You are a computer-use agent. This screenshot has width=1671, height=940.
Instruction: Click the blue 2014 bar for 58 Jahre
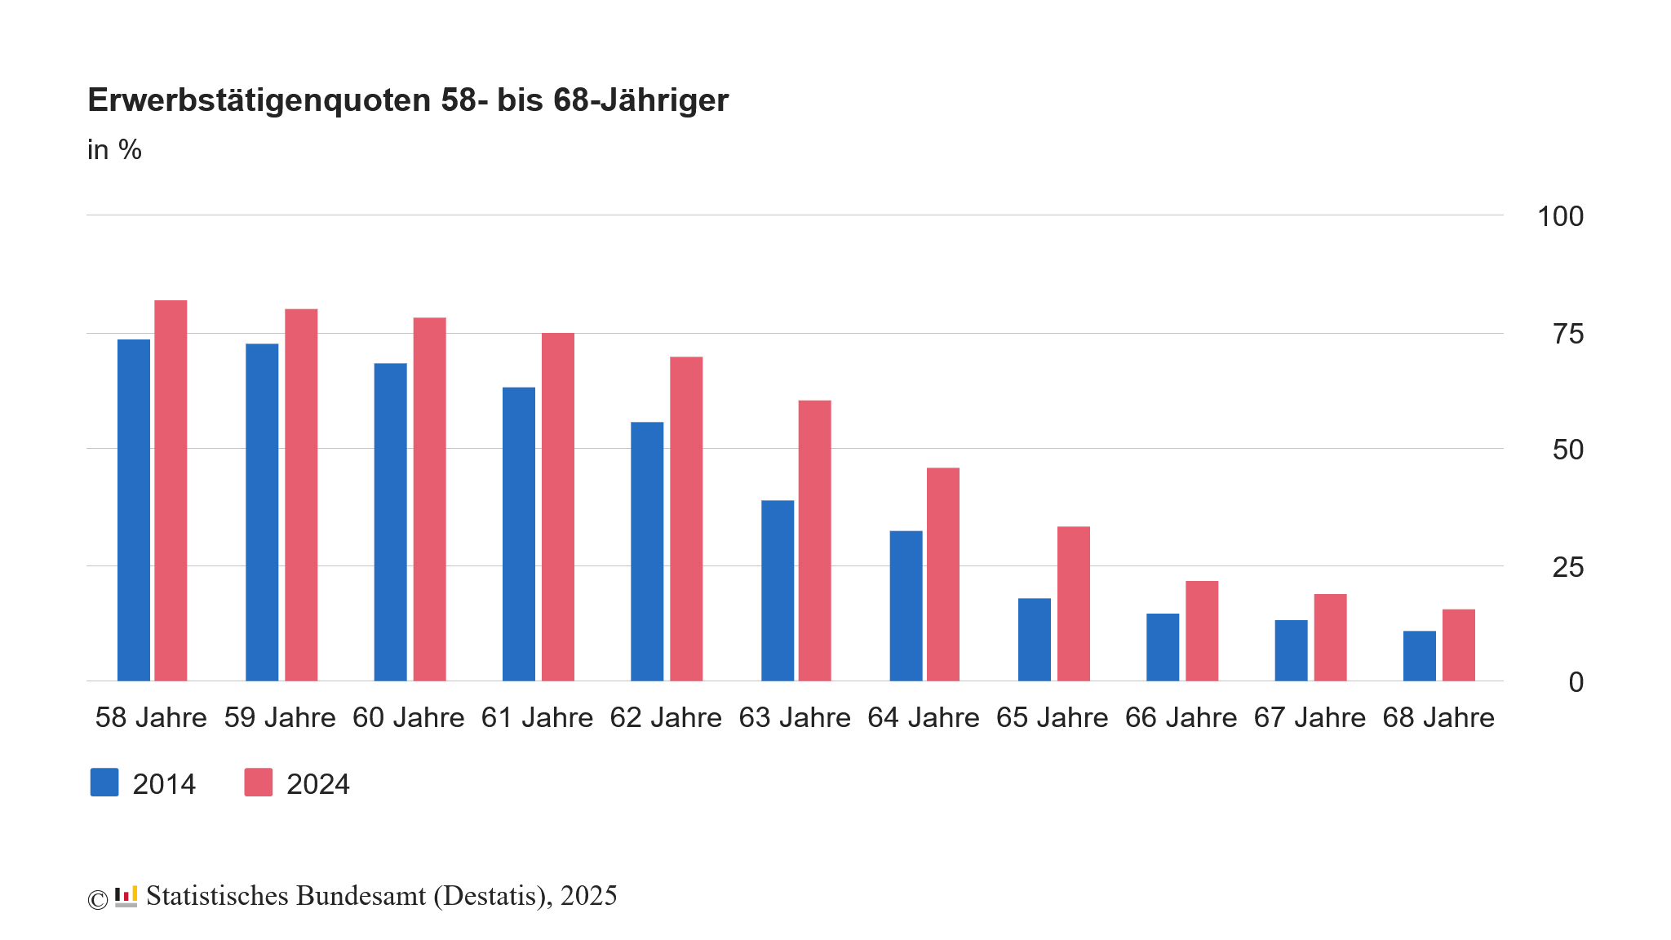[134, 510]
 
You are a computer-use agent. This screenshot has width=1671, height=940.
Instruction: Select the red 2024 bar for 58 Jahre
[171, 490]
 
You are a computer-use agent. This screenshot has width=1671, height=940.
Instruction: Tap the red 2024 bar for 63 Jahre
[814, 540]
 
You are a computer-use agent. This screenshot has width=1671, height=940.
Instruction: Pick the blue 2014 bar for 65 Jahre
[1035, 640]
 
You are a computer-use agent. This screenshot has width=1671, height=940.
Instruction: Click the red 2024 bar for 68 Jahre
[1458, 645]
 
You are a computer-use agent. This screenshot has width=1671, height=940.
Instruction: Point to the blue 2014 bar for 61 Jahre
[519, 534]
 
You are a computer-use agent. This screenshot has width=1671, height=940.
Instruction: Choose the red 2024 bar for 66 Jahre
[1202, 631]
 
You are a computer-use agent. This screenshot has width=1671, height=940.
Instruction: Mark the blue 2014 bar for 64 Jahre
[906, 605]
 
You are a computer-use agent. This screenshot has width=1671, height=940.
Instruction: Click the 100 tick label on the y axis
[1560, 216]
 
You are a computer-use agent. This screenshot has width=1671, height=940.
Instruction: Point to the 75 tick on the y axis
[1567, 334]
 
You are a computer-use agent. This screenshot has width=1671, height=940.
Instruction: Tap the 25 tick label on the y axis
[1567, 567]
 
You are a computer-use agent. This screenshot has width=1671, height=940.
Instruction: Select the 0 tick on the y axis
[1576, 682]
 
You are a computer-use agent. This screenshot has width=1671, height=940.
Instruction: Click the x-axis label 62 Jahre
[666, 717]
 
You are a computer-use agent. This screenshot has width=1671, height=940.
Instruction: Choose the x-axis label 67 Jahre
[1310, 717]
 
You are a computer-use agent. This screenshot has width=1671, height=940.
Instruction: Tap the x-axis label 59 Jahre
[280, 717]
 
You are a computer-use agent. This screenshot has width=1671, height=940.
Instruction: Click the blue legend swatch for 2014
[104, 783]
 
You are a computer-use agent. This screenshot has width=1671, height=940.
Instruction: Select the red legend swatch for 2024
[259, 783]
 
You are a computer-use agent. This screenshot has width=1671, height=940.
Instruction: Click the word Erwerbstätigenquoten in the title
[259, 100]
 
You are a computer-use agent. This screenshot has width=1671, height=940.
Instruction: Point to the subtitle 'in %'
[114, 150]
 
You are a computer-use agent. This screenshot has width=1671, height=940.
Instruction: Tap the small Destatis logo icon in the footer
[126, 896]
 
